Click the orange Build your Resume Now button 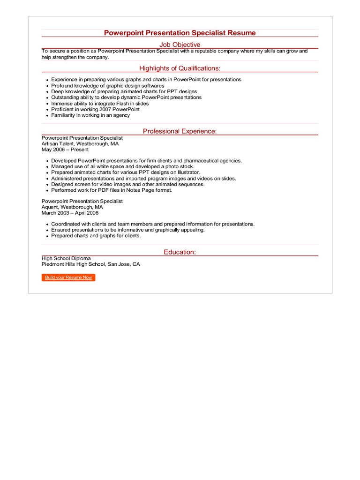pyautogui.click(x=68, y=277)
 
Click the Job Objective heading pyautogui.click(x=180, y=45)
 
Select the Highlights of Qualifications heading pyautogui.click(x=180, y=68)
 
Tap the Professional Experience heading pyautogui.click(x=180, y=131)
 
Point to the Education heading pyautogui.click(x=180, y=252)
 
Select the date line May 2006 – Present pyautogui.click(x=65, y=150)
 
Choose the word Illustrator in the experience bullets pyautogui.click(x=187, y=172)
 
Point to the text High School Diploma pyautogui.click(x=66, y=258)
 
